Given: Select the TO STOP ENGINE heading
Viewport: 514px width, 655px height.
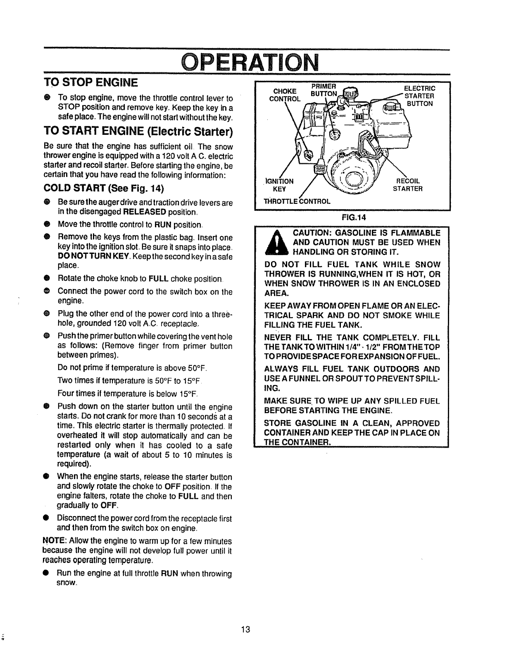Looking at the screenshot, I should (x=91, y=83).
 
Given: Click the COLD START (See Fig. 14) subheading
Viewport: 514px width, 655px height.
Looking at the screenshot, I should (x=104, y=189).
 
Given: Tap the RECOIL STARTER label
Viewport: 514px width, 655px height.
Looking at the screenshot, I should (x=408, y=185).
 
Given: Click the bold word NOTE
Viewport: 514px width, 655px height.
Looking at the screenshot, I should (x=52, y=541).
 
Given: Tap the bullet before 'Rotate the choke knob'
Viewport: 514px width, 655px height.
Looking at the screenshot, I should (x=48, y=277).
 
